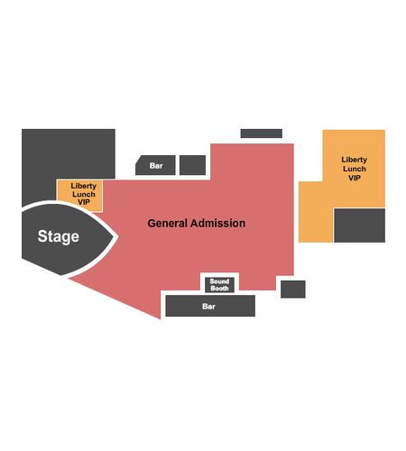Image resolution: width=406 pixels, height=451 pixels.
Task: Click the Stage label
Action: [59, 236]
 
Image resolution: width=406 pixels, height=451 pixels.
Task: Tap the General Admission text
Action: [197, 223]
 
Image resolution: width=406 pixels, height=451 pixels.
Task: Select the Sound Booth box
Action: [219, 285]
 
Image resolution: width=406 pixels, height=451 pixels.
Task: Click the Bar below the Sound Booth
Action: [210, 306]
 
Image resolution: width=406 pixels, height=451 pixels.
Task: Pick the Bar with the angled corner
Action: [155, 165]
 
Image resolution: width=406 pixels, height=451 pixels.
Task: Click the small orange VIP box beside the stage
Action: [80, 194]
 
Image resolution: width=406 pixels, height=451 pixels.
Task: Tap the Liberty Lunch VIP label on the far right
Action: [355, 169]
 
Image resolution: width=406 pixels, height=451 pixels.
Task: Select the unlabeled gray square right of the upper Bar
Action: [192, 165]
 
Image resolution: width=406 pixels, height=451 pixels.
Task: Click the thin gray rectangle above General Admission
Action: [262, 133]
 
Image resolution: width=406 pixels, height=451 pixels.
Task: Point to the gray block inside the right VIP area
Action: [359, 225]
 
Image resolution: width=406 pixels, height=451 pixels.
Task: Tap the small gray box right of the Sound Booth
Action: [293, 290]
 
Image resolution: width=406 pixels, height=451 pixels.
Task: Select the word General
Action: [168, 223]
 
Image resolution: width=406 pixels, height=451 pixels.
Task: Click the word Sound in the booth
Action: [219, 281]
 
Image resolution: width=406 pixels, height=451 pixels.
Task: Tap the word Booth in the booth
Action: [219, 289]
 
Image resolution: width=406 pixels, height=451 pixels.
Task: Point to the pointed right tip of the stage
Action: [113, 237]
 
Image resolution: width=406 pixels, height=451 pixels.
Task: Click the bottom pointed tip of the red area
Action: [160, 318]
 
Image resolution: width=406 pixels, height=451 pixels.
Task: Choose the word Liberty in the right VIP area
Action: [355, 160]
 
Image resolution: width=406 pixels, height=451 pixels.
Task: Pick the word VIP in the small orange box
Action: [84, 202]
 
